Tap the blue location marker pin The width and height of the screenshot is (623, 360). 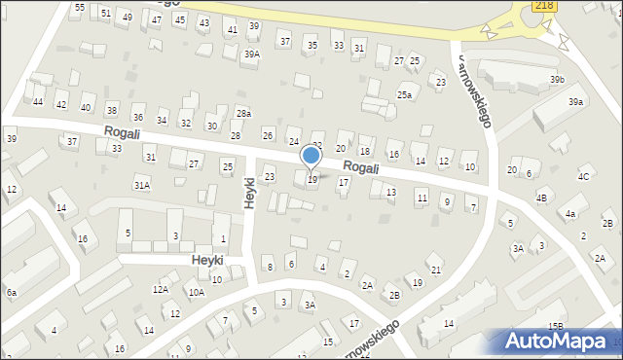(x=311, y=157)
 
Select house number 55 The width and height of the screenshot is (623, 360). (x=80, y=7)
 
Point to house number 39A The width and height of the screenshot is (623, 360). (x=252, y=54)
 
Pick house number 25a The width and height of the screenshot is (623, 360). (x=404, y=95)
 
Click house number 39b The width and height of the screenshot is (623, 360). (x=557, y=79)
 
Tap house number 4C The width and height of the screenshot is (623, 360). (x=583, y=176)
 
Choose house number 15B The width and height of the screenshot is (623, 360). (x=555, y=326)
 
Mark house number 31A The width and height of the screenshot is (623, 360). (x=142, y=185)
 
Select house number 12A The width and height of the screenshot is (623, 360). (x=161, y=289)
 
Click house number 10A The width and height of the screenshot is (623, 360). (x=197, y=292)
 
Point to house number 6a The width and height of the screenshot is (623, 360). (x=11, y=292)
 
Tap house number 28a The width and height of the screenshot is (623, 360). (x=243, y=114)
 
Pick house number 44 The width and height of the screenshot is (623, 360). (x=38, y=101)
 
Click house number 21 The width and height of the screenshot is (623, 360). (x=436, y=270)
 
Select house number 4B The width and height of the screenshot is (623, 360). (x=541, y=198)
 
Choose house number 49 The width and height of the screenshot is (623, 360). (x=128, y=18)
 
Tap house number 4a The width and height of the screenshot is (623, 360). (x=570, y=213)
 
